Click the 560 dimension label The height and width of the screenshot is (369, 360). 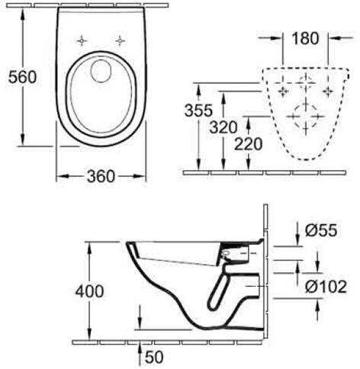[22, 77]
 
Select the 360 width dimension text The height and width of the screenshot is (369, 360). [101, 176]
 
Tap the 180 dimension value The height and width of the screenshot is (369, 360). [305, 38]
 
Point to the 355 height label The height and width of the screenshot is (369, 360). [198, 111]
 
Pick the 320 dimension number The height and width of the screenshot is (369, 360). [223, 127]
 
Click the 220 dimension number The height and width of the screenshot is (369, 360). [248, 144]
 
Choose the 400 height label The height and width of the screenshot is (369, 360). [89, 291]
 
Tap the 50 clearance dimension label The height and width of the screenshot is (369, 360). [154, 357]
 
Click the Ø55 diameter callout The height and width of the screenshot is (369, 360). [321, 230]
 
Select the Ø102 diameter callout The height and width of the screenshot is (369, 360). [326, 287]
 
